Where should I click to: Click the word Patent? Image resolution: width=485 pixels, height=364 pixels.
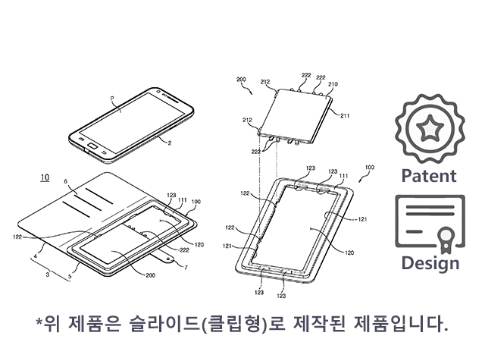pyautogui.click(x=429, y=176)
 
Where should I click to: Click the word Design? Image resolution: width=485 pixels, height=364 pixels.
pyautogui.click(x=430, y=263)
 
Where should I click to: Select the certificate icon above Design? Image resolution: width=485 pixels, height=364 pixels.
pyautogui.click(x=429, y=223)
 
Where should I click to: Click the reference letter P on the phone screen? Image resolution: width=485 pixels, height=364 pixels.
pyautogui.click(x=111, y=99)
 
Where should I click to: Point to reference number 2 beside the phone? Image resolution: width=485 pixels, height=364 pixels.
pyautogui.click(x=170, y=142)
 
